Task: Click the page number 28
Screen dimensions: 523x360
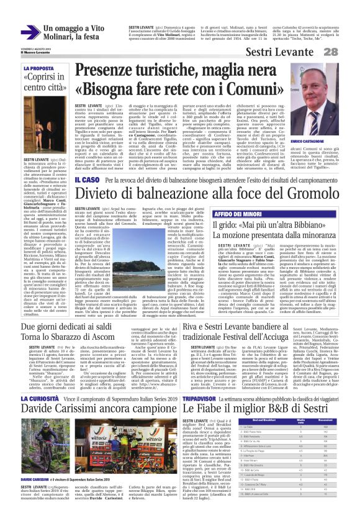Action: click(x=346, y=51)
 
